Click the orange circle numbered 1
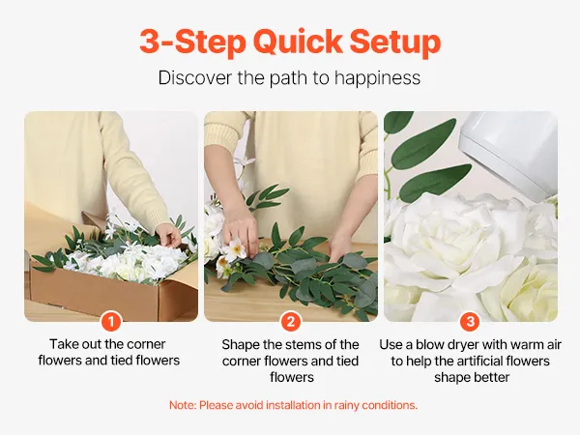tap(111, 321)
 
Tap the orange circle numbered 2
tap(291, 321)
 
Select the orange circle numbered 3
tap(471, 321)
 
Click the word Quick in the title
tap(298, 41)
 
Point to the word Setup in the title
tap(395, 42)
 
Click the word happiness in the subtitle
tap(377, 78)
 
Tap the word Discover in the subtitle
tap(195, 77)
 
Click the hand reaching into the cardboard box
tap(169, 235)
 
